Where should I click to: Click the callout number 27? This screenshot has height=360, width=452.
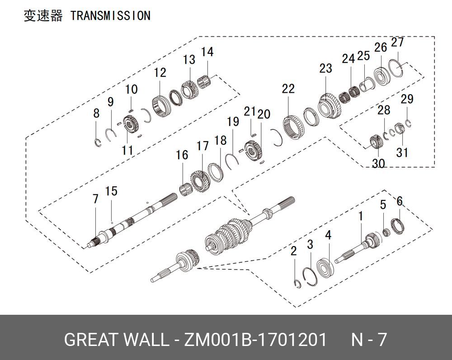[x=397, y=43]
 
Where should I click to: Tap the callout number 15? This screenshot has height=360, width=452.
[x=111, y=191]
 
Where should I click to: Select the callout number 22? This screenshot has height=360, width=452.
[x=288, y=89]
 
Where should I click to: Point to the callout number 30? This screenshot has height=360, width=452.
[x=378, y=163]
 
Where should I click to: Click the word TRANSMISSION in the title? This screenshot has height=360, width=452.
[x=110, y=16]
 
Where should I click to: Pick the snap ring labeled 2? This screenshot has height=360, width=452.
[x=297, y=283]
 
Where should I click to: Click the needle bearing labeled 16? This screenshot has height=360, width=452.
[x=184, y=189]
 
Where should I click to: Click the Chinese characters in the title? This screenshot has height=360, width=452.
[x=43, y=16]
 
